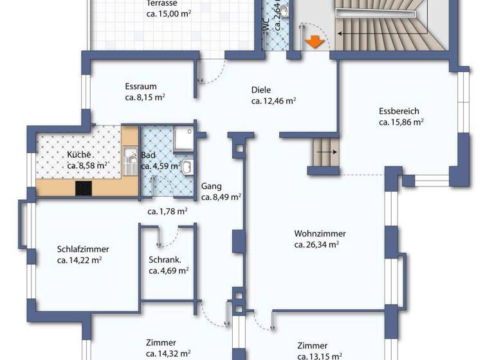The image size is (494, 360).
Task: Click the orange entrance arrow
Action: coord(314,42)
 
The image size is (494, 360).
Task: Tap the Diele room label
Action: coord(261,90)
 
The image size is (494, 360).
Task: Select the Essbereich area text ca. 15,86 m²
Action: coord(400,122)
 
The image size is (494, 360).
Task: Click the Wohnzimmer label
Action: coord(320,233)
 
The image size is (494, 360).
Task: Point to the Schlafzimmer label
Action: coord(83,249)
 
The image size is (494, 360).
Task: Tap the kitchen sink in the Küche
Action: coord(129,159)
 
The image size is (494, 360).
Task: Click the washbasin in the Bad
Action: coord(187,168)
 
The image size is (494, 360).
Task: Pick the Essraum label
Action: coord(141,87)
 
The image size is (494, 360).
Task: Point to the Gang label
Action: coord(211,186)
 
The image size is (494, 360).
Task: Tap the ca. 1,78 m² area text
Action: coord(167,211)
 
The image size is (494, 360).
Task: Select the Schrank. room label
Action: coord(165,260)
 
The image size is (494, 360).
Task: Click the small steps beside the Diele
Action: coord(325,152)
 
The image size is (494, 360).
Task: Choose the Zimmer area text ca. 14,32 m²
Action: coord(168,353)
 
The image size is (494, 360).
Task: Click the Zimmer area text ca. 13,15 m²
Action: coord(320,355)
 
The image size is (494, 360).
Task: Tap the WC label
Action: coord(265,24)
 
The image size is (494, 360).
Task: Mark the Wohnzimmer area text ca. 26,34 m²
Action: coord(316,244)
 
